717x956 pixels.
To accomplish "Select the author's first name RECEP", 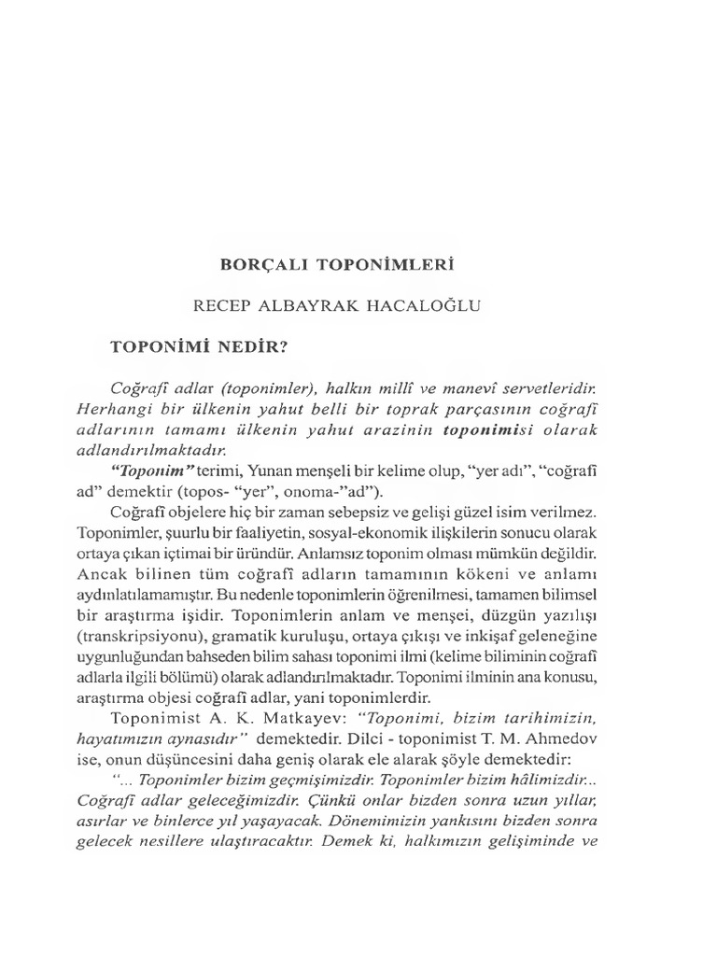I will coord(221,304).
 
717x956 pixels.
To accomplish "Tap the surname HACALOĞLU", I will coord(446,304).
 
